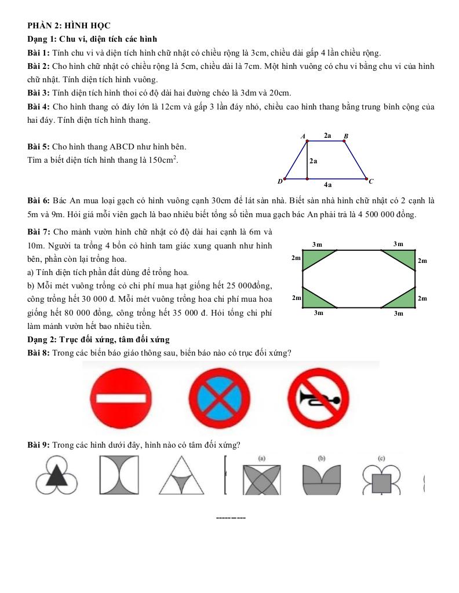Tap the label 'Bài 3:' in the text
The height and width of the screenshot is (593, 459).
pos(39,93)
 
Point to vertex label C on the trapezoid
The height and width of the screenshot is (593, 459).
pos(371,181)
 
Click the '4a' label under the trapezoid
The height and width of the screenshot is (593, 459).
pos(328,185)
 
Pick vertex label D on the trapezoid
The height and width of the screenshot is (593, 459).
pos(280,181)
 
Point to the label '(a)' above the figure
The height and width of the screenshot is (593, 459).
pos(262,458)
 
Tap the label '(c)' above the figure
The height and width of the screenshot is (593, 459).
pos(381,458)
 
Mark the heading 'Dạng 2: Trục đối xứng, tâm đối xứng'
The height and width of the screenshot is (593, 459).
pos(99,339)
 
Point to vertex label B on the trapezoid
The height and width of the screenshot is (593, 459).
pos(346,137)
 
